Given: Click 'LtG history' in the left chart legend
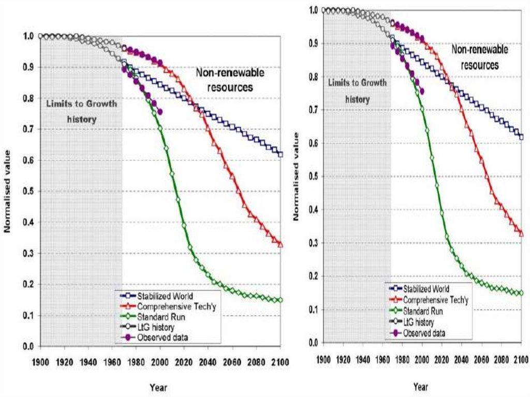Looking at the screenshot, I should [x=156, y=327].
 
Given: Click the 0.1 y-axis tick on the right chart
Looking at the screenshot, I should [x=313, y=310].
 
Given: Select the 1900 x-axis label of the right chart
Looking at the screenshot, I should [x=323, y=359].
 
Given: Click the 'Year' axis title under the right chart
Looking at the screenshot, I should [x=421, y=386].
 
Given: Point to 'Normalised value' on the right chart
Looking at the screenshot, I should [x=297, y=176].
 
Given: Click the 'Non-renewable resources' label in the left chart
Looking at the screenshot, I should [x=230, y=80].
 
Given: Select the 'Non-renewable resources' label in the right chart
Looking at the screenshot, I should [x=480, y=57].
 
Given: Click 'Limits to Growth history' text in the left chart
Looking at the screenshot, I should [x=82, y=111].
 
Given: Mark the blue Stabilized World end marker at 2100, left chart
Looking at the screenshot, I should [x=281, y=154].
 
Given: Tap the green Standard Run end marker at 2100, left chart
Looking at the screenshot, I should [x=281, y=300].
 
